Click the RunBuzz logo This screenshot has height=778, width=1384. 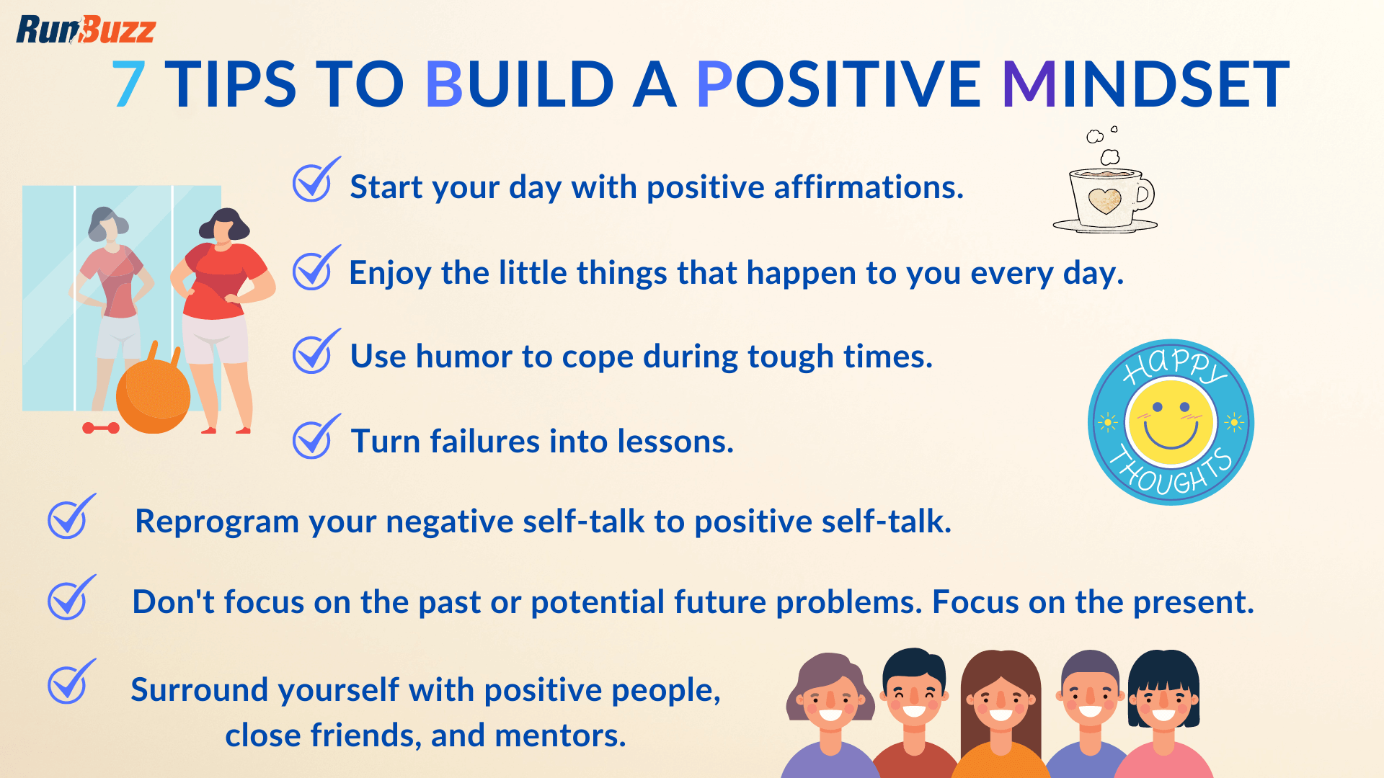click(85, 30)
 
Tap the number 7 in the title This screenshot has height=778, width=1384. click(130, 85)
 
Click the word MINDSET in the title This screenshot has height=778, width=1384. click(1145, 85)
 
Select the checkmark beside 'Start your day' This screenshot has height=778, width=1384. click(314, 182)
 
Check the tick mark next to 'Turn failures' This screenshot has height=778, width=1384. click(314, 438)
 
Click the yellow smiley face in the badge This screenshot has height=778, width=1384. click(1171, 423)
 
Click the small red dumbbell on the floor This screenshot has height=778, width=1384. click(101, 428)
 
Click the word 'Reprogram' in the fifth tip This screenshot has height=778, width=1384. click(216, 522)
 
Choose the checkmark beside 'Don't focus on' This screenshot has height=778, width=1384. click(70, 599)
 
